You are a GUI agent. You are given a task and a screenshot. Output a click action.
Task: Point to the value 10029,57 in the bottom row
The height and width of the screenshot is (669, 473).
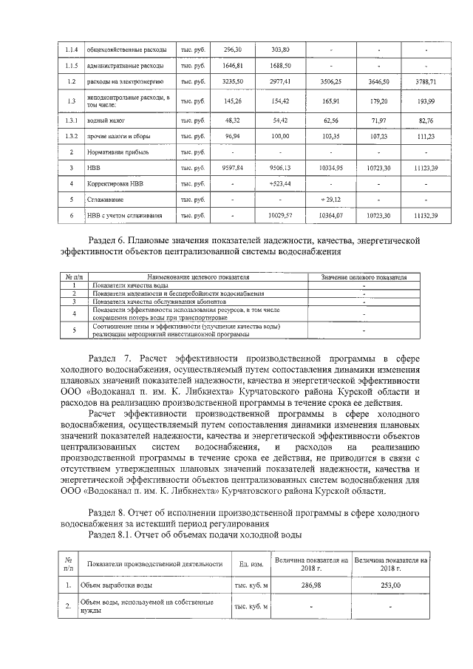point(280,215)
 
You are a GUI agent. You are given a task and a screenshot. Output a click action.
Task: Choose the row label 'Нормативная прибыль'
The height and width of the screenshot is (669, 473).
point(114,152)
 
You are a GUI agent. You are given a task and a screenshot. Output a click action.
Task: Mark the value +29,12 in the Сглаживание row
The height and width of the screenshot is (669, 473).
point(330,199)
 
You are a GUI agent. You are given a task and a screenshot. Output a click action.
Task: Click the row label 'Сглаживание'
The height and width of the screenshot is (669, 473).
point(104,199)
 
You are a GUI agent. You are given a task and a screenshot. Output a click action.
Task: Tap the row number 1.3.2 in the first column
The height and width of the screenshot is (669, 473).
point(70,135)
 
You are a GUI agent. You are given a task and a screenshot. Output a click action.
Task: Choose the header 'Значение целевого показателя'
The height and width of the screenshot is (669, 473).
point(364,277)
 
